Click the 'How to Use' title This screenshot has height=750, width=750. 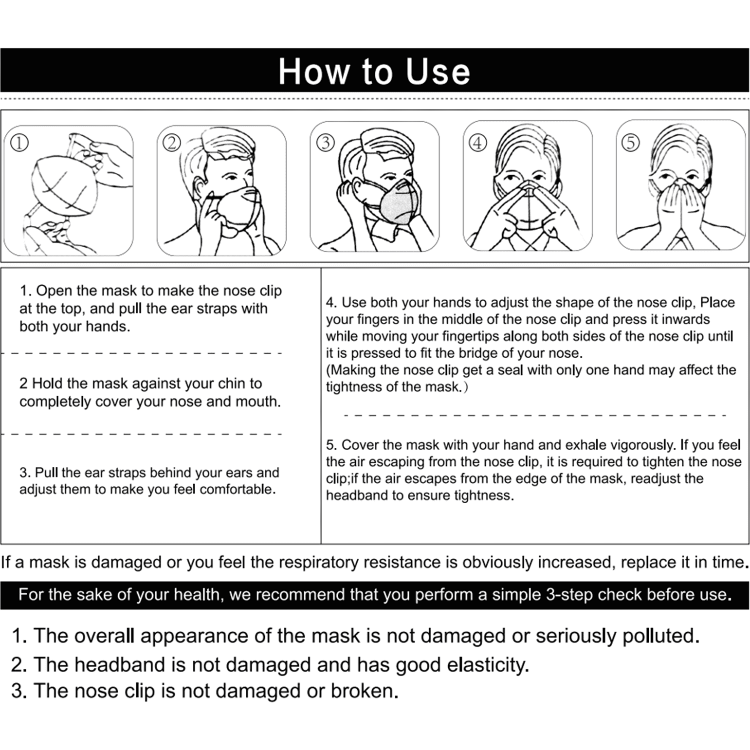click(x=374, y=72)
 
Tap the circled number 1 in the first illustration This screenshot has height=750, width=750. click(x=20, y=143)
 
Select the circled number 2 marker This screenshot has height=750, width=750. click(x=172, y=143)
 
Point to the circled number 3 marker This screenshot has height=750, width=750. click(x=326, y=143)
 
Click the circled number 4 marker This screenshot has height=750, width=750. click(x=478, y=143)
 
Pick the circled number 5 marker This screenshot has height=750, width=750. click(x=631, y=143)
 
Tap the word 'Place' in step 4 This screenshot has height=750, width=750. click(x=717, y=302)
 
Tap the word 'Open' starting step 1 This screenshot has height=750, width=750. click(x=54, y=291)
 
